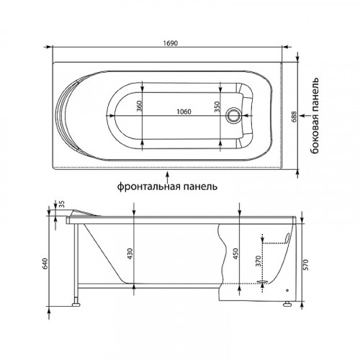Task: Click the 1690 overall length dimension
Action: [x=171, y=43]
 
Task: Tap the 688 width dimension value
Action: [x=294, y=117]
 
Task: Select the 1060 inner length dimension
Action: [x=184, y=112]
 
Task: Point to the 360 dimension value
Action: [x=139, y=106]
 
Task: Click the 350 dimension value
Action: [x=217, y=107]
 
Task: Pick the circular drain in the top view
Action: [x=233, y=115]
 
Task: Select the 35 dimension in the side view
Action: [x=62, y=204]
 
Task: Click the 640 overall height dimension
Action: [x=46, y=264]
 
